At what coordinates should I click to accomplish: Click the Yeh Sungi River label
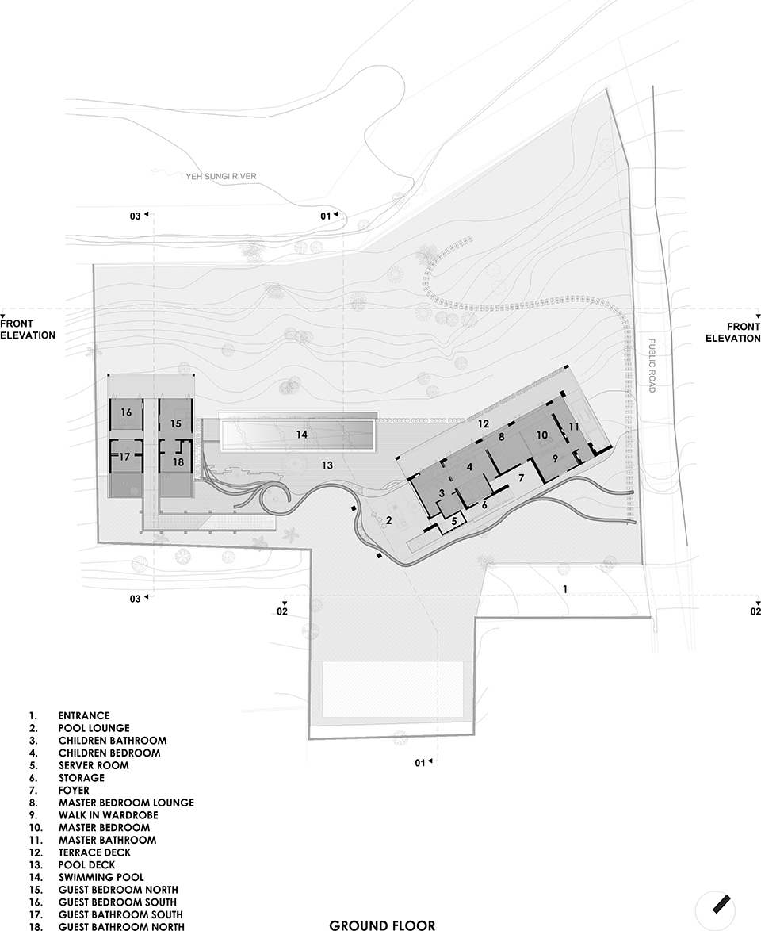point(221,176)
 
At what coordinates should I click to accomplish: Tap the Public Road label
point(651,365)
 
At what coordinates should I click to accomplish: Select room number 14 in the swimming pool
point(301,435)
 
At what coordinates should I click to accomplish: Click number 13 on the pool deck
point(327,465)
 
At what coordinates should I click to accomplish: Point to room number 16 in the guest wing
point(126,412)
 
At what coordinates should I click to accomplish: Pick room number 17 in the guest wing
point(124,458)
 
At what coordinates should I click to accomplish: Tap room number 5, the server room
point(454,521)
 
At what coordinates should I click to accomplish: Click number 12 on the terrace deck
point(484,423)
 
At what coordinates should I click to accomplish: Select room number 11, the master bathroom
point(573,427)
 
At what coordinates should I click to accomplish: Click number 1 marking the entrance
point(566,589)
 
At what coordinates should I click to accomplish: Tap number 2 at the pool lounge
point(388,521)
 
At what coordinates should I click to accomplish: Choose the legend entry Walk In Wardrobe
point(108,815)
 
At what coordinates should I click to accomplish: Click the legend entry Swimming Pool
point(101,877)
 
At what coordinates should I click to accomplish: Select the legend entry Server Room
point(94,765)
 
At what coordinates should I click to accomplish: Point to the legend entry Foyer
point(74,791)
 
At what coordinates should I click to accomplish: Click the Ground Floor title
point(381,925)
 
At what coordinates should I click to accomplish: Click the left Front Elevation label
point(28,330)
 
